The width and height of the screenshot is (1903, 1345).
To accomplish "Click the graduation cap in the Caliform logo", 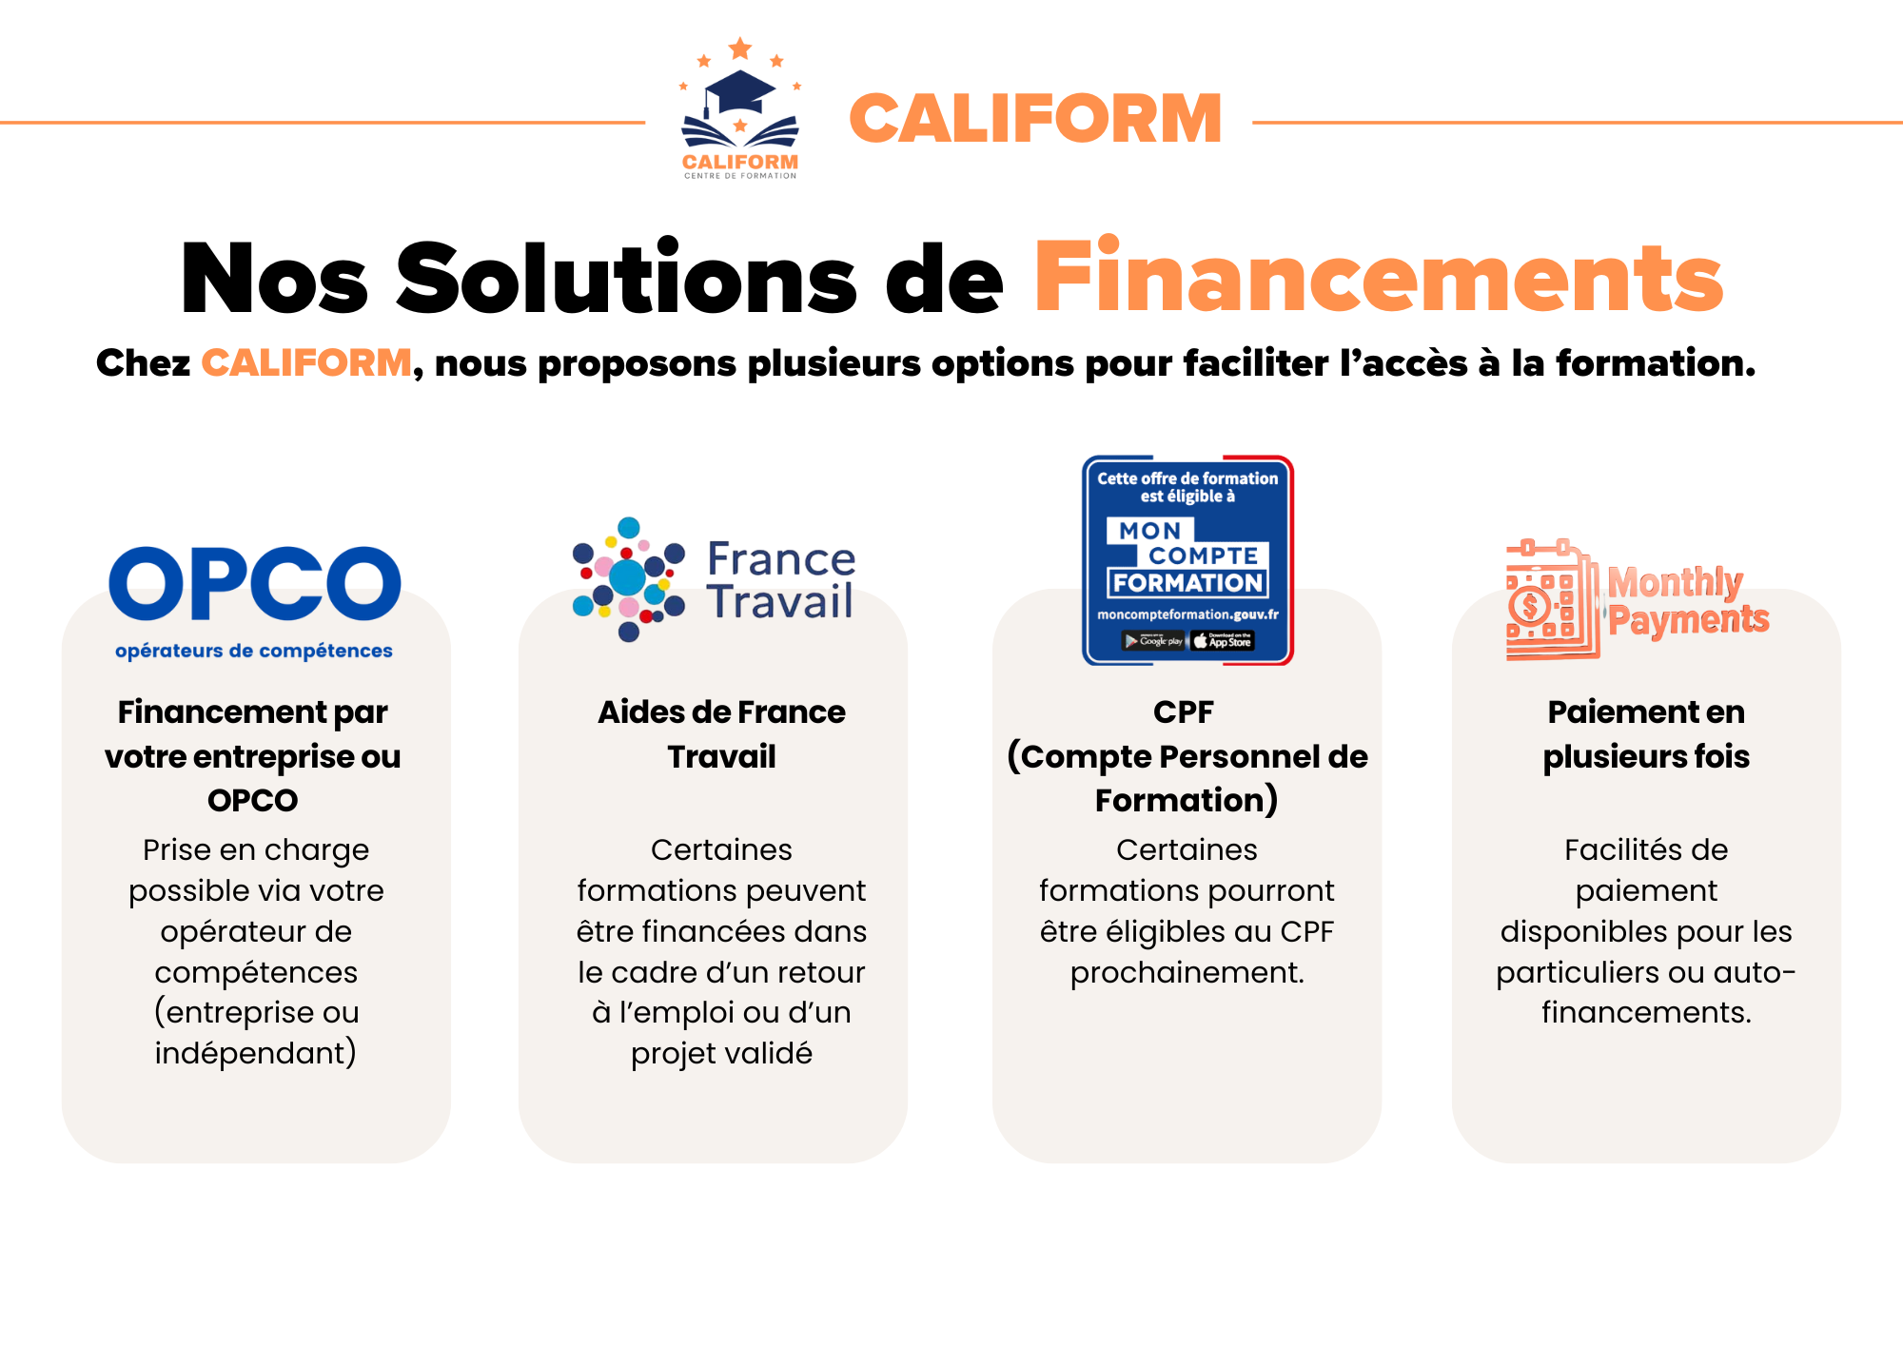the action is coord(739,91).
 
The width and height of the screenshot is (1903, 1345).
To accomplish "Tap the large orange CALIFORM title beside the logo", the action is coord(1035,119).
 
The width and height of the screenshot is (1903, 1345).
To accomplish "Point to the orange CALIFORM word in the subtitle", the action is coord(306,363).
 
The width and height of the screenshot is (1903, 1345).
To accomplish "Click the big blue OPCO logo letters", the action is coord(255,583).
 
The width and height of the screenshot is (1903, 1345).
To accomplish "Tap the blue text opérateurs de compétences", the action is coord(254,652).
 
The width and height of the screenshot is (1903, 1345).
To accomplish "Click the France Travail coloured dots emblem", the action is coord(628,579).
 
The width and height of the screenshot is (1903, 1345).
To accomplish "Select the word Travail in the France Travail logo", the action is coord(780,602).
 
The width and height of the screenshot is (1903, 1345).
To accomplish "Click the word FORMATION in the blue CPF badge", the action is coord(1187,583).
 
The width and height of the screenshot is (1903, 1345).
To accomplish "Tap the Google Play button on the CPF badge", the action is coord(1153,641).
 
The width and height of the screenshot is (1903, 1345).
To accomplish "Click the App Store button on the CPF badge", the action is coord(1224,641).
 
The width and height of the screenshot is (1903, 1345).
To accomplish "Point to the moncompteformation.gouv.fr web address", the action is coord(1187,614).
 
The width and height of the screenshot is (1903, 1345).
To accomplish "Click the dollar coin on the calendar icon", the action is coord(1530,605).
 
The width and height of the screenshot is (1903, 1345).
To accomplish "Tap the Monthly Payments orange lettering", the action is coord(1688,600).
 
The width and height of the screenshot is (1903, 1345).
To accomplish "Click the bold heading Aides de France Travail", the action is coord(721,734).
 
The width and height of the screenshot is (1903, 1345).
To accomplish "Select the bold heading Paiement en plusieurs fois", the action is coord(1646,734).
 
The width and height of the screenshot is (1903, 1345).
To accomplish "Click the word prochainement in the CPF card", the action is coord(1187,973).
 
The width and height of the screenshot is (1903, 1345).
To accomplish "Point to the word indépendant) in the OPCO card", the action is coord(256,1054).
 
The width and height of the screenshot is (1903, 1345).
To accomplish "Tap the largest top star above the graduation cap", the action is coord(740,48).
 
